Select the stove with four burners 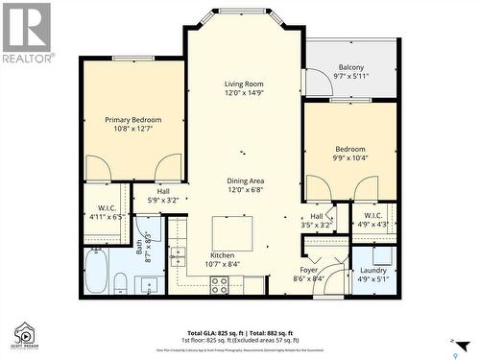(219, 284)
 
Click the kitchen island (232, 233)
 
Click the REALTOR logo (26, 33)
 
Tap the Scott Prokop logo (25, 334)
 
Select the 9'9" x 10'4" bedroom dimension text (349, 158)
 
